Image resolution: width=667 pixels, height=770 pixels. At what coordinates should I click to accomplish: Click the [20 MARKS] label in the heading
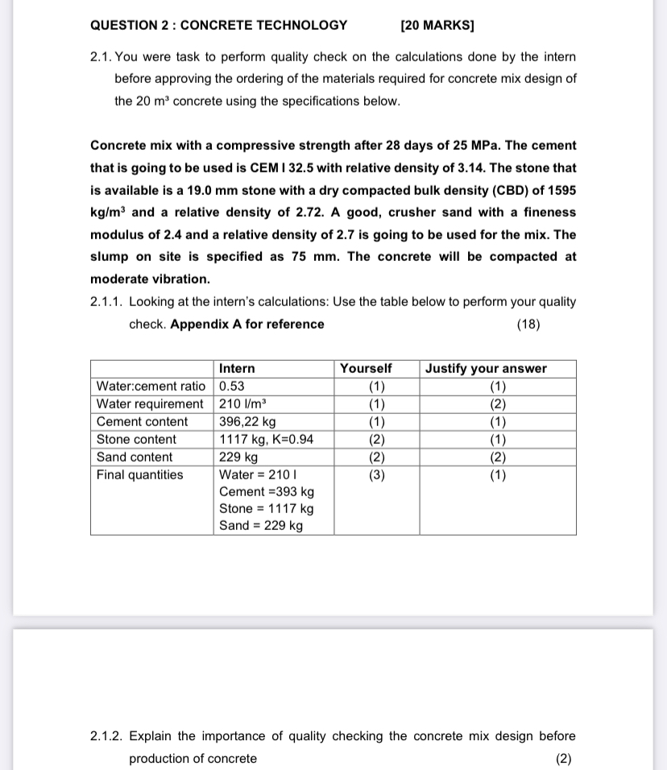coord(437,25)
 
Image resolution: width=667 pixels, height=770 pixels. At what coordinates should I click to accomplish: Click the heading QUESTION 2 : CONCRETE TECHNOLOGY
coord(218,25)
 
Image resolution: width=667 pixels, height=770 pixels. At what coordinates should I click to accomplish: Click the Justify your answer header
coord(486,368)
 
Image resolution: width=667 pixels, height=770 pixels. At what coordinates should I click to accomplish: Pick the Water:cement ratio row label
coord(151,386)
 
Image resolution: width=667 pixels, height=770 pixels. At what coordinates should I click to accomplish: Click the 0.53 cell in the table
coord(232,386)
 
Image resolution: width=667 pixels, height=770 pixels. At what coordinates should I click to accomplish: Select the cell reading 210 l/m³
coord(242,404)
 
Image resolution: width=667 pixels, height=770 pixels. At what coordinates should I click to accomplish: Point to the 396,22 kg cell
coord(247,421)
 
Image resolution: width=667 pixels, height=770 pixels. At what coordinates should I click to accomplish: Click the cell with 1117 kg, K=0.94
coord(267,439)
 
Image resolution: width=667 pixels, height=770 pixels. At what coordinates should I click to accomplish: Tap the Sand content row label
coord(135,457)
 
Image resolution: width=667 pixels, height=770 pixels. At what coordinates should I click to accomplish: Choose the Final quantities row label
coord(140,474)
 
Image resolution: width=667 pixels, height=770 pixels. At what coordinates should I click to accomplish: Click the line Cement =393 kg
coord(267,491)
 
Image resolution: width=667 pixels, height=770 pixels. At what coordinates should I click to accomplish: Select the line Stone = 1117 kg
coord(267,508)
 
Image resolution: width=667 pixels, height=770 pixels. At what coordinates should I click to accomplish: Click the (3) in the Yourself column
coord(376,474)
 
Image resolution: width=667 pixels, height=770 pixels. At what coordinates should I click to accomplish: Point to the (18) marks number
coord(528,324)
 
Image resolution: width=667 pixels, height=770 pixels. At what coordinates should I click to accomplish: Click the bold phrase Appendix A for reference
coord(247,324)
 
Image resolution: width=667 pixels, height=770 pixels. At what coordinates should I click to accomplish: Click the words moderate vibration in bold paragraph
coord(150,279)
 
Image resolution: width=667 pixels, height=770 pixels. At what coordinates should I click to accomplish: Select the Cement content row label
coord(142,421)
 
